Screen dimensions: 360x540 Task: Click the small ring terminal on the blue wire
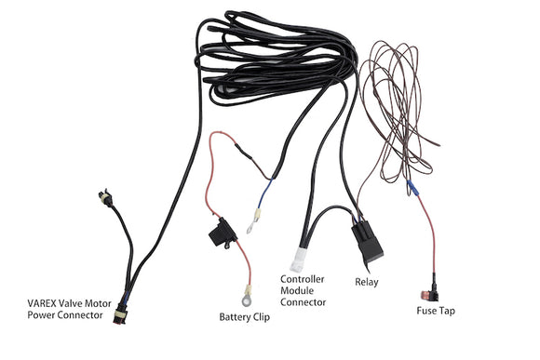tap(251, 224)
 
